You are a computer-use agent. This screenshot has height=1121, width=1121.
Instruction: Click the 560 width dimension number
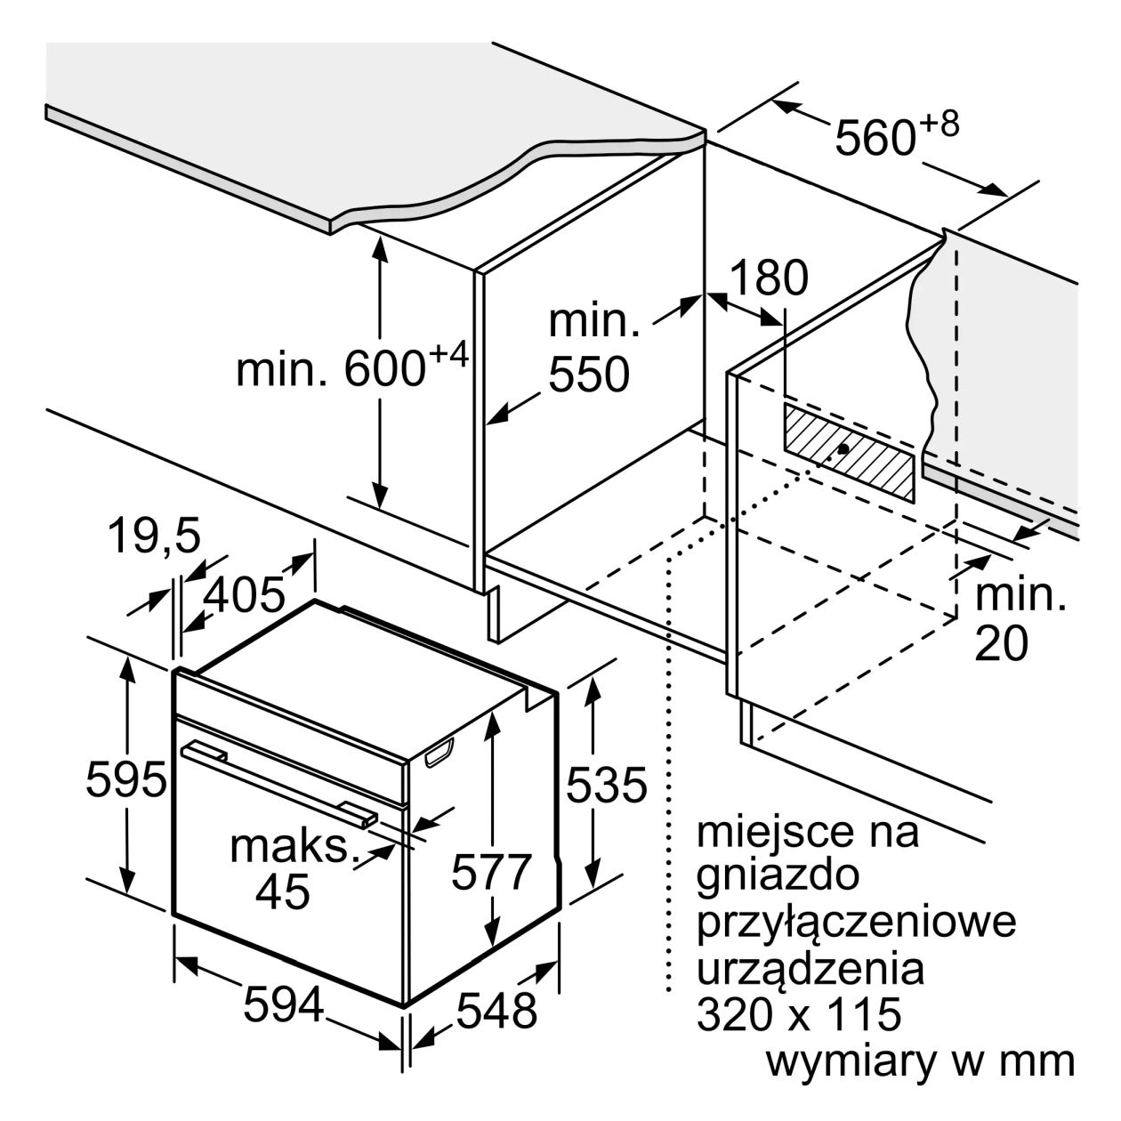click(876, 137)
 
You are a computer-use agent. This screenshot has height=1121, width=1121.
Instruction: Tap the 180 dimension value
click(769, 278)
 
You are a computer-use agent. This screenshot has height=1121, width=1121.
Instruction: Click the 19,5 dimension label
click(154, 536)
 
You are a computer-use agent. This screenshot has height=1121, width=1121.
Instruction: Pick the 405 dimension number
click(246, 594)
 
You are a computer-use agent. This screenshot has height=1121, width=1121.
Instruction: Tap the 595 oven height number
click(126, 780)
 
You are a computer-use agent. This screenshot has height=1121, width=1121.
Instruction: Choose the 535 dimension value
click(606, 785)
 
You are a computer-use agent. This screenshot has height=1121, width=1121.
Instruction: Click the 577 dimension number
click(492, 871)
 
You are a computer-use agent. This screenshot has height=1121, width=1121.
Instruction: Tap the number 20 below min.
click(1001, 643)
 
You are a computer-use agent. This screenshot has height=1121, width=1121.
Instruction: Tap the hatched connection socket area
click(849, 452)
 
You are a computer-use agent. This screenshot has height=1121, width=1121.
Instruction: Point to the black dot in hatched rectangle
click(843, 448)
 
